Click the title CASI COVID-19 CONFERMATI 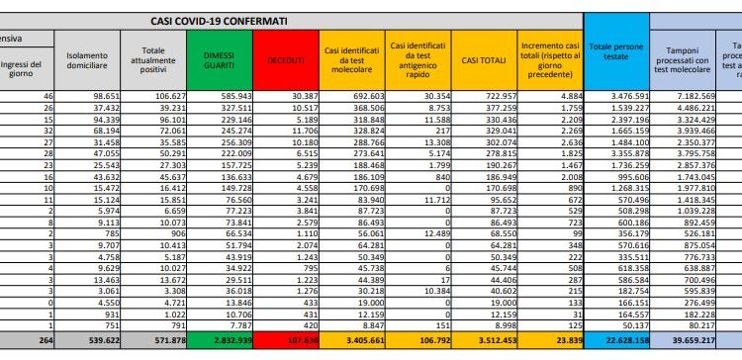pos(233,19)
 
